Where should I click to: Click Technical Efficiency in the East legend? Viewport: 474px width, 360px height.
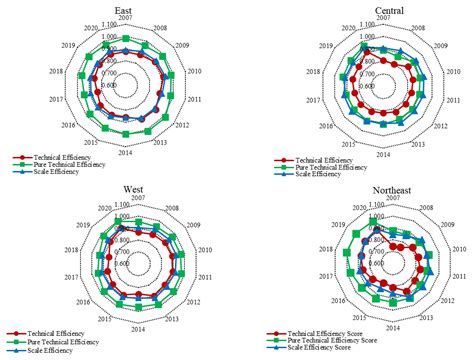click(62, 157)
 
